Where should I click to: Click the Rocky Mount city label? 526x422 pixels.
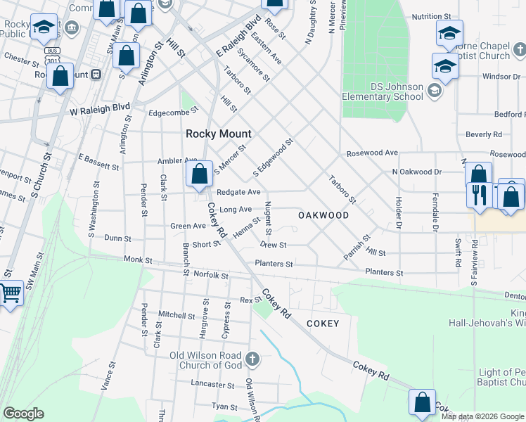coord(218,134)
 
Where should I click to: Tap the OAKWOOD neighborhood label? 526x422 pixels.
coord(323,215)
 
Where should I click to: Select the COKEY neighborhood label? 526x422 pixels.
coord(323,324)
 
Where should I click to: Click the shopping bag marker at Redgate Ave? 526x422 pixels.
coord(200,174)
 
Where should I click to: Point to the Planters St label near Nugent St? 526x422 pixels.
coord(274,264)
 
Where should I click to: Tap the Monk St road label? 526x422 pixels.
coord(138,260)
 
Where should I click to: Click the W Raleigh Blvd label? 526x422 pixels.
coord(100,110)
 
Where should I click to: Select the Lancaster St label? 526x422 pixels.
coord(212,384)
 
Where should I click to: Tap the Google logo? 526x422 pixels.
coord(24,414)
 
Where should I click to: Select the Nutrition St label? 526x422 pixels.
coord(431,15)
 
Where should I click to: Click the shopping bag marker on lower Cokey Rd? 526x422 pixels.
coord(422,402)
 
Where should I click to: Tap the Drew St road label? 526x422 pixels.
coord(273,245)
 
